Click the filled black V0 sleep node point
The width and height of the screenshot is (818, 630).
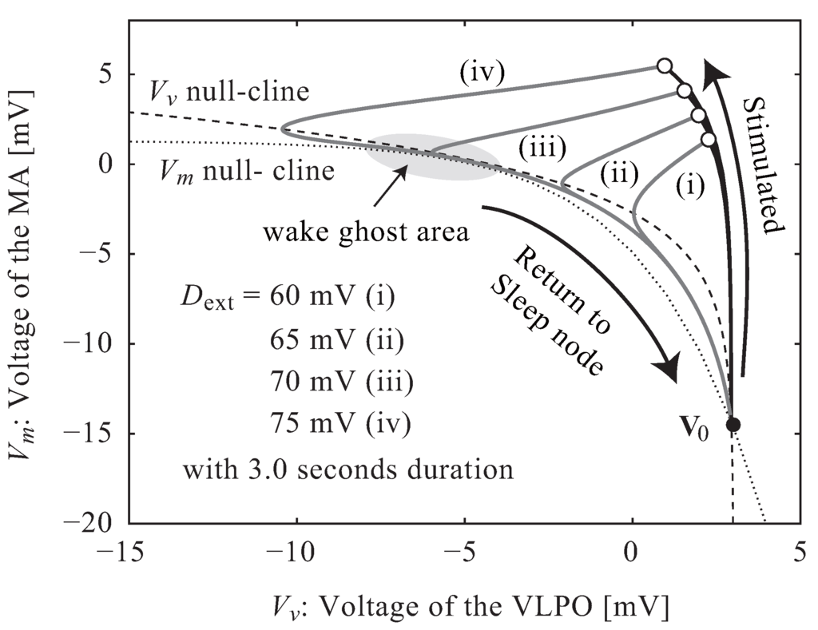733,424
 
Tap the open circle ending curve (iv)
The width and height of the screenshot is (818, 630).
664,66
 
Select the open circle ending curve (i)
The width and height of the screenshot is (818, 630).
709,140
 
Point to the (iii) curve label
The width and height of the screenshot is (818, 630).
543,148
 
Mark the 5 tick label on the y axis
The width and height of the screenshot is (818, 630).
109,74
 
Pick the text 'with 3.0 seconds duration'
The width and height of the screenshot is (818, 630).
347,469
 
